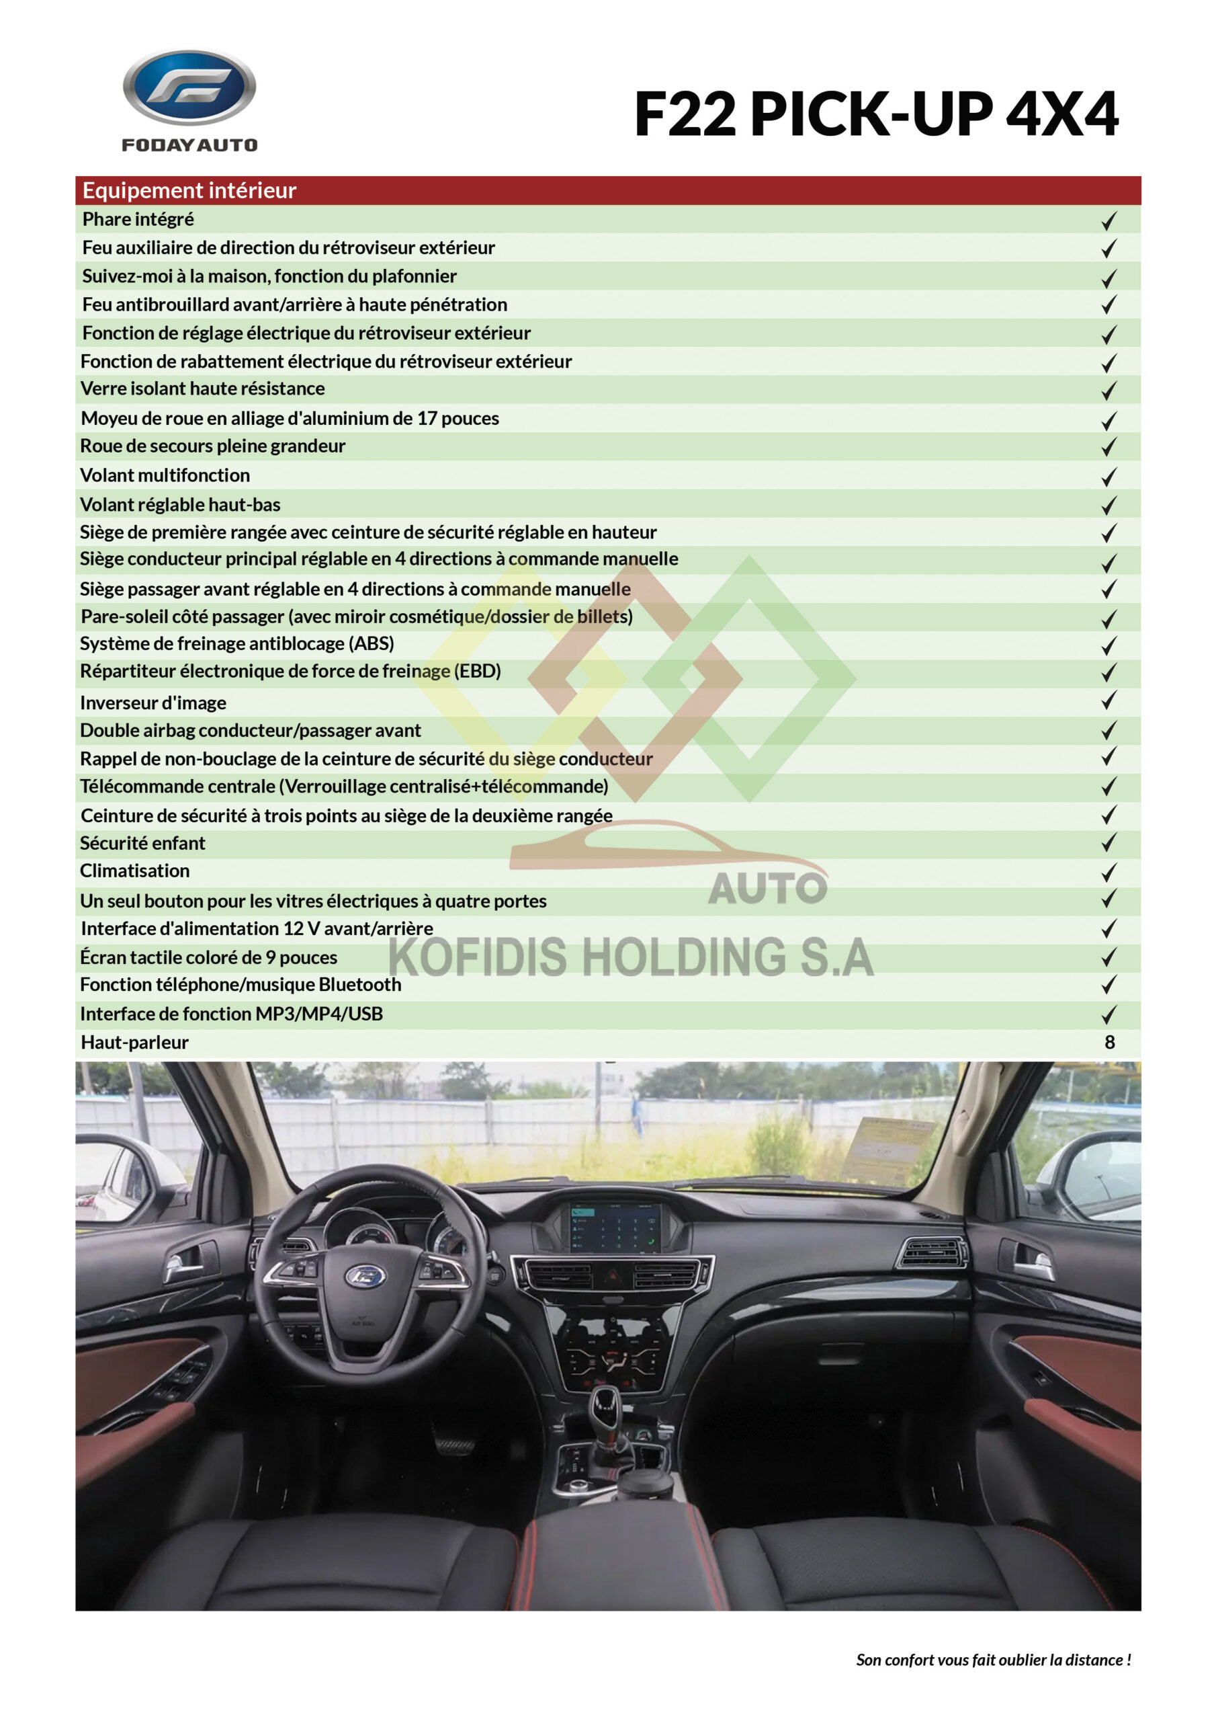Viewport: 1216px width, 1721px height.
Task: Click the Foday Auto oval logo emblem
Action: (x=189, y=87)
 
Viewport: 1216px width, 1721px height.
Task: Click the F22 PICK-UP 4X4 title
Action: (x=875, y=115)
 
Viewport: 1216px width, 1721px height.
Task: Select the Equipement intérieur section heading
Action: (x=189, y=190)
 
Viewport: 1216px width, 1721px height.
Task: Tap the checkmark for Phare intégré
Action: (x=1109, y=221)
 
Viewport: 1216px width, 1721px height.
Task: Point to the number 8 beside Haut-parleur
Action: (x=1110, y=1042)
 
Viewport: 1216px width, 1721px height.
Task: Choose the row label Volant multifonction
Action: (x=165, y=475)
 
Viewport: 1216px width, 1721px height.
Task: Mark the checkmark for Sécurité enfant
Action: (x=1109, y=843)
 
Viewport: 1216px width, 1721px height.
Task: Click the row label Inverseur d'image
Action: (x=153, y=703)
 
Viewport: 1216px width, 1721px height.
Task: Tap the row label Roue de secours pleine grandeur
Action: (x=213, y=446)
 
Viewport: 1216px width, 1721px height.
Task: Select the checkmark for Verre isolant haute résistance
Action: (x=1109, y=390)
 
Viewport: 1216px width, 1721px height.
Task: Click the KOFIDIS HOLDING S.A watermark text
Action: (x=631, y=958)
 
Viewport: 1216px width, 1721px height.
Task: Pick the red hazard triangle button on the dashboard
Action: (x=613, y=1273)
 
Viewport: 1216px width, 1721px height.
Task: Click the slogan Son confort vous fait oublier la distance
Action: (x=994, y=1660)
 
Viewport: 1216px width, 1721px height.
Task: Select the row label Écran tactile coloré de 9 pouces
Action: (x=208, y=957)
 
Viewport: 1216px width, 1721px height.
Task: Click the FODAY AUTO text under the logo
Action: (x=189, y=145)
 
